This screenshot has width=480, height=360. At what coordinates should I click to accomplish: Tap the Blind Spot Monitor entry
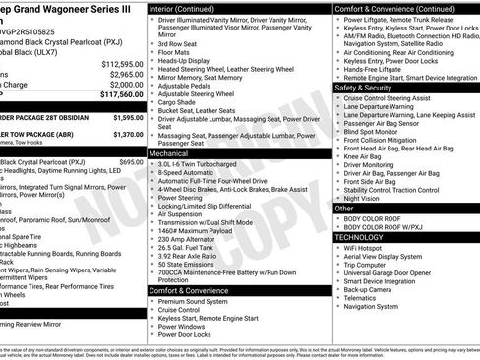tap(371, 129)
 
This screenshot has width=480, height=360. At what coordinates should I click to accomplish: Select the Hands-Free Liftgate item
tap(377, 69)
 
